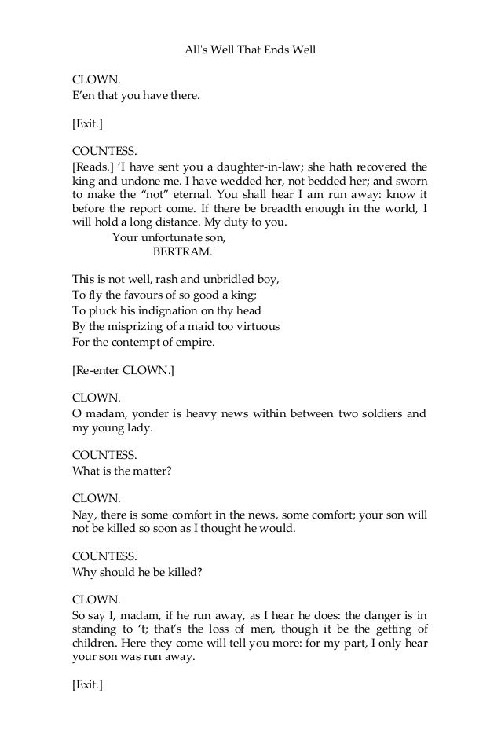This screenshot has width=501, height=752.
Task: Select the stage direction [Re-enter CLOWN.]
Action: (x=123, y=370)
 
